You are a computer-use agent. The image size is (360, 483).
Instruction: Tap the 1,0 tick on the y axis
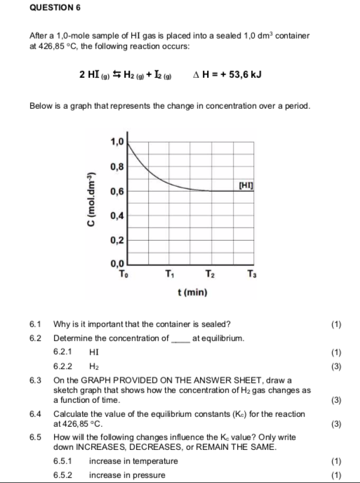pos(117,142)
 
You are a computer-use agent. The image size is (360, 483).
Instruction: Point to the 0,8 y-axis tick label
pos(117,166)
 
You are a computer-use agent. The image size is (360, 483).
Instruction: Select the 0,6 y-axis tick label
pos(117,191)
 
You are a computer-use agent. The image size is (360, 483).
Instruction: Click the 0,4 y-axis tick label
pos(117,216)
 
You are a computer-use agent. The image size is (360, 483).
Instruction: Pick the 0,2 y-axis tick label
pos(117,240)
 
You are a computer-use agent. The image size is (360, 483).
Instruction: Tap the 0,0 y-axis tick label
pos(117,263)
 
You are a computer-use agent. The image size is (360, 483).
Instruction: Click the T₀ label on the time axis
pos(126,273)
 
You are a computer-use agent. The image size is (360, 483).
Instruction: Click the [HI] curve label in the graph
pos(246,184)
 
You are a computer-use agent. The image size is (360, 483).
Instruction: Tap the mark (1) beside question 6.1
pos(340,324)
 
